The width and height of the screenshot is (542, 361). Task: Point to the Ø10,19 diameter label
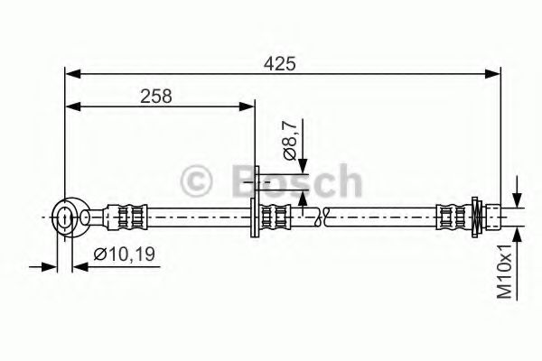click(x=120, y=255)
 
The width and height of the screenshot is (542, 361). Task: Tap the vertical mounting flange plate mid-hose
click(x=257, y=202)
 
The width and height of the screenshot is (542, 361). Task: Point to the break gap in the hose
click(x=322, y=217)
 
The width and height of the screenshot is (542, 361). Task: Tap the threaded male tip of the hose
click(x=495, y=217)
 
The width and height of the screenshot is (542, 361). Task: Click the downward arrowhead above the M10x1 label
click(x=518, y=201)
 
